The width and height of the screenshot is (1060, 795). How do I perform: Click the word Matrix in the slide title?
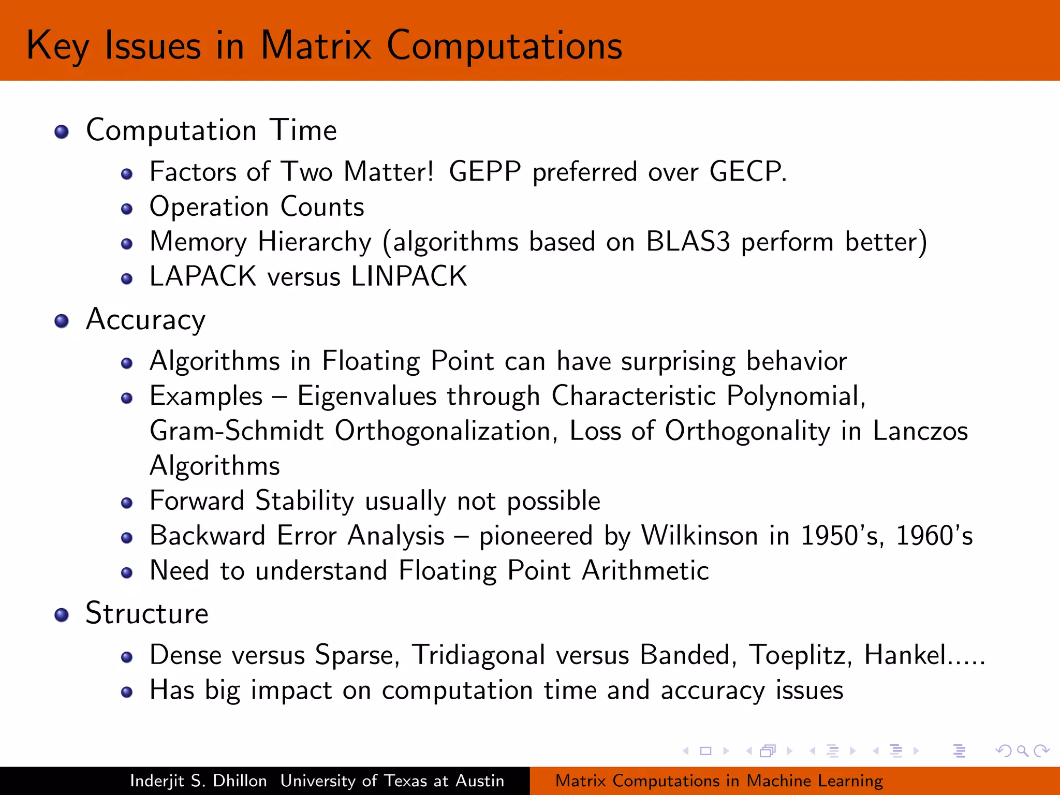point(316,46)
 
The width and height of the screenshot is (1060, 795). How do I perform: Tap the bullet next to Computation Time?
point(62,131)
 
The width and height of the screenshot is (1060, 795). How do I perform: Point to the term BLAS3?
point(688,242)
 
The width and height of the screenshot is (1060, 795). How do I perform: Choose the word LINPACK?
point(409,276)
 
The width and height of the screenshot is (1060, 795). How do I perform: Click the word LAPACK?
point(203,276)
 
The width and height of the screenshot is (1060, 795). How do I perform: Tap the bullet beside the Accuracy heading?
point(62,321)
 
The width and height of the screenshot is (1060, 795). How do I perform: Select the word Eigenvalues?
point(366,397)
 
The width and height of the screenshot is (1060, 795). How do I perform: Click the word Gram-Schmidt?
point(237,431)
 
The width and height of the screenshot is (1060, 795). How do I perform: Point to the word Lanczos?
point(920,431)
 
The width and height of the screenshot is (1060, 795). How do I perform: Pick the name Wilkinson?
point(700,536)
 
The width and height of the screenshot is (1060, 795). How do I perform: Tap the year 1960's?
point(934,536)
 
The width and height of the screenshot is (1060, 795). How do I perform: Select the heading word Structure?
point(147,614)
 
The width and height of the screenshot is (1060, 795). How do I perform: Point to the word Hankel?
point(906,655)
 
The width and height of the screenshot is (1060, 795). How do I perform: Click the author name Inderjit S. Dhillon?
point(198,781)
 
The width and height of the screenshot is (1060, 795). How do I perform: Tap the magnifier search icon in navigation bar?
point(1022,751)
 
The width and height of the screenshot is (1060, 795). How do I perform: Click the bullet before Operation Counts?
point(127,209)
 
